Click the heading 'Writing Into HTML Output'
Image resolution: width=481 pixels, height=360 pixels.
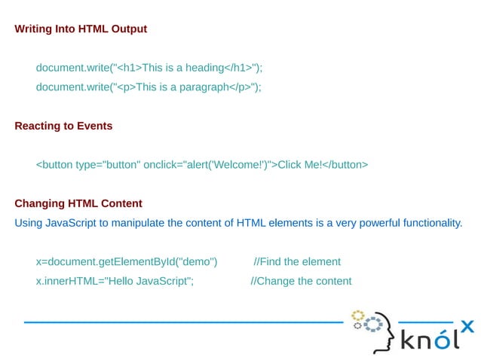pyautogui.click(x=81, y=29)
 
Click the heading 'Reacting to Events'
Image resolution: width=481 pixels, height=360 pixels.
pyautogui.click(x=63, y=126)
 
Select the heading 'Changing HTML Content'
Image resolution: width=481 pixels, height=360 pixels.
pyautogui.click(x=78, y=203)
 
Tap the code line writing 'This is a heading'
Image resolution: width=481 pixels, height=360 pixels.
pyautogui.click(x=149, y=68)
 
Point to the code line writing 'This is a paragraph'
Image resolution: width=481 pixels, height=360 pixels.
pyautogui.click(x=149, y=87)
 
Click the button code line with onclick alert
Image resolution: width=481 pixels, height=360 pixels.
pyautogui.click(x=202, y=164)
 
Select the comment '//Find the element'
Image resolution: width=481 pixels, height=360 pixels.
pyautogui.click(x=297, y=261)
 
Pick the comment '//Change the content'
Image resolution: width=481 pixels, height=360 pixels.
pyautogui.click(x=301, y=281)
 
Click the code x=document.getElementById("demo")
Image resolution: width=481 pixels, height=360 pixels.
pyautogui.click(x=127, y=261)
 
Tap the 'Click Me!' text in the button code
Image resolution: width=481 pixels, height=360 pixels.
pyautogui.click(x=300, y=164)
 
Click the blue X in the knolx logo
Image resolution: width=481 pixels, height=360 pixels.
pyautogui.click(x=467, y=326)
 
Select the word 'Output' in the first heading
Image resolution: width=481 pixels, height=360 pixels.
pyautogui.click(x=129, y=29)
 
